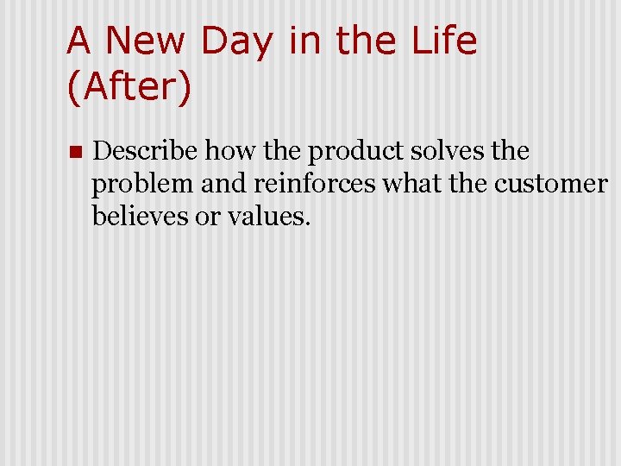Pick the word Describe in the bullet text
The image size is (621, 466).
coord(144,151)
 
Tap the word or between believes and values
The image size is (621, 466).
coord(208,216)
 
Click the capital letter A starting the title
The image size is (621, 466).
coord(79,41)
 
